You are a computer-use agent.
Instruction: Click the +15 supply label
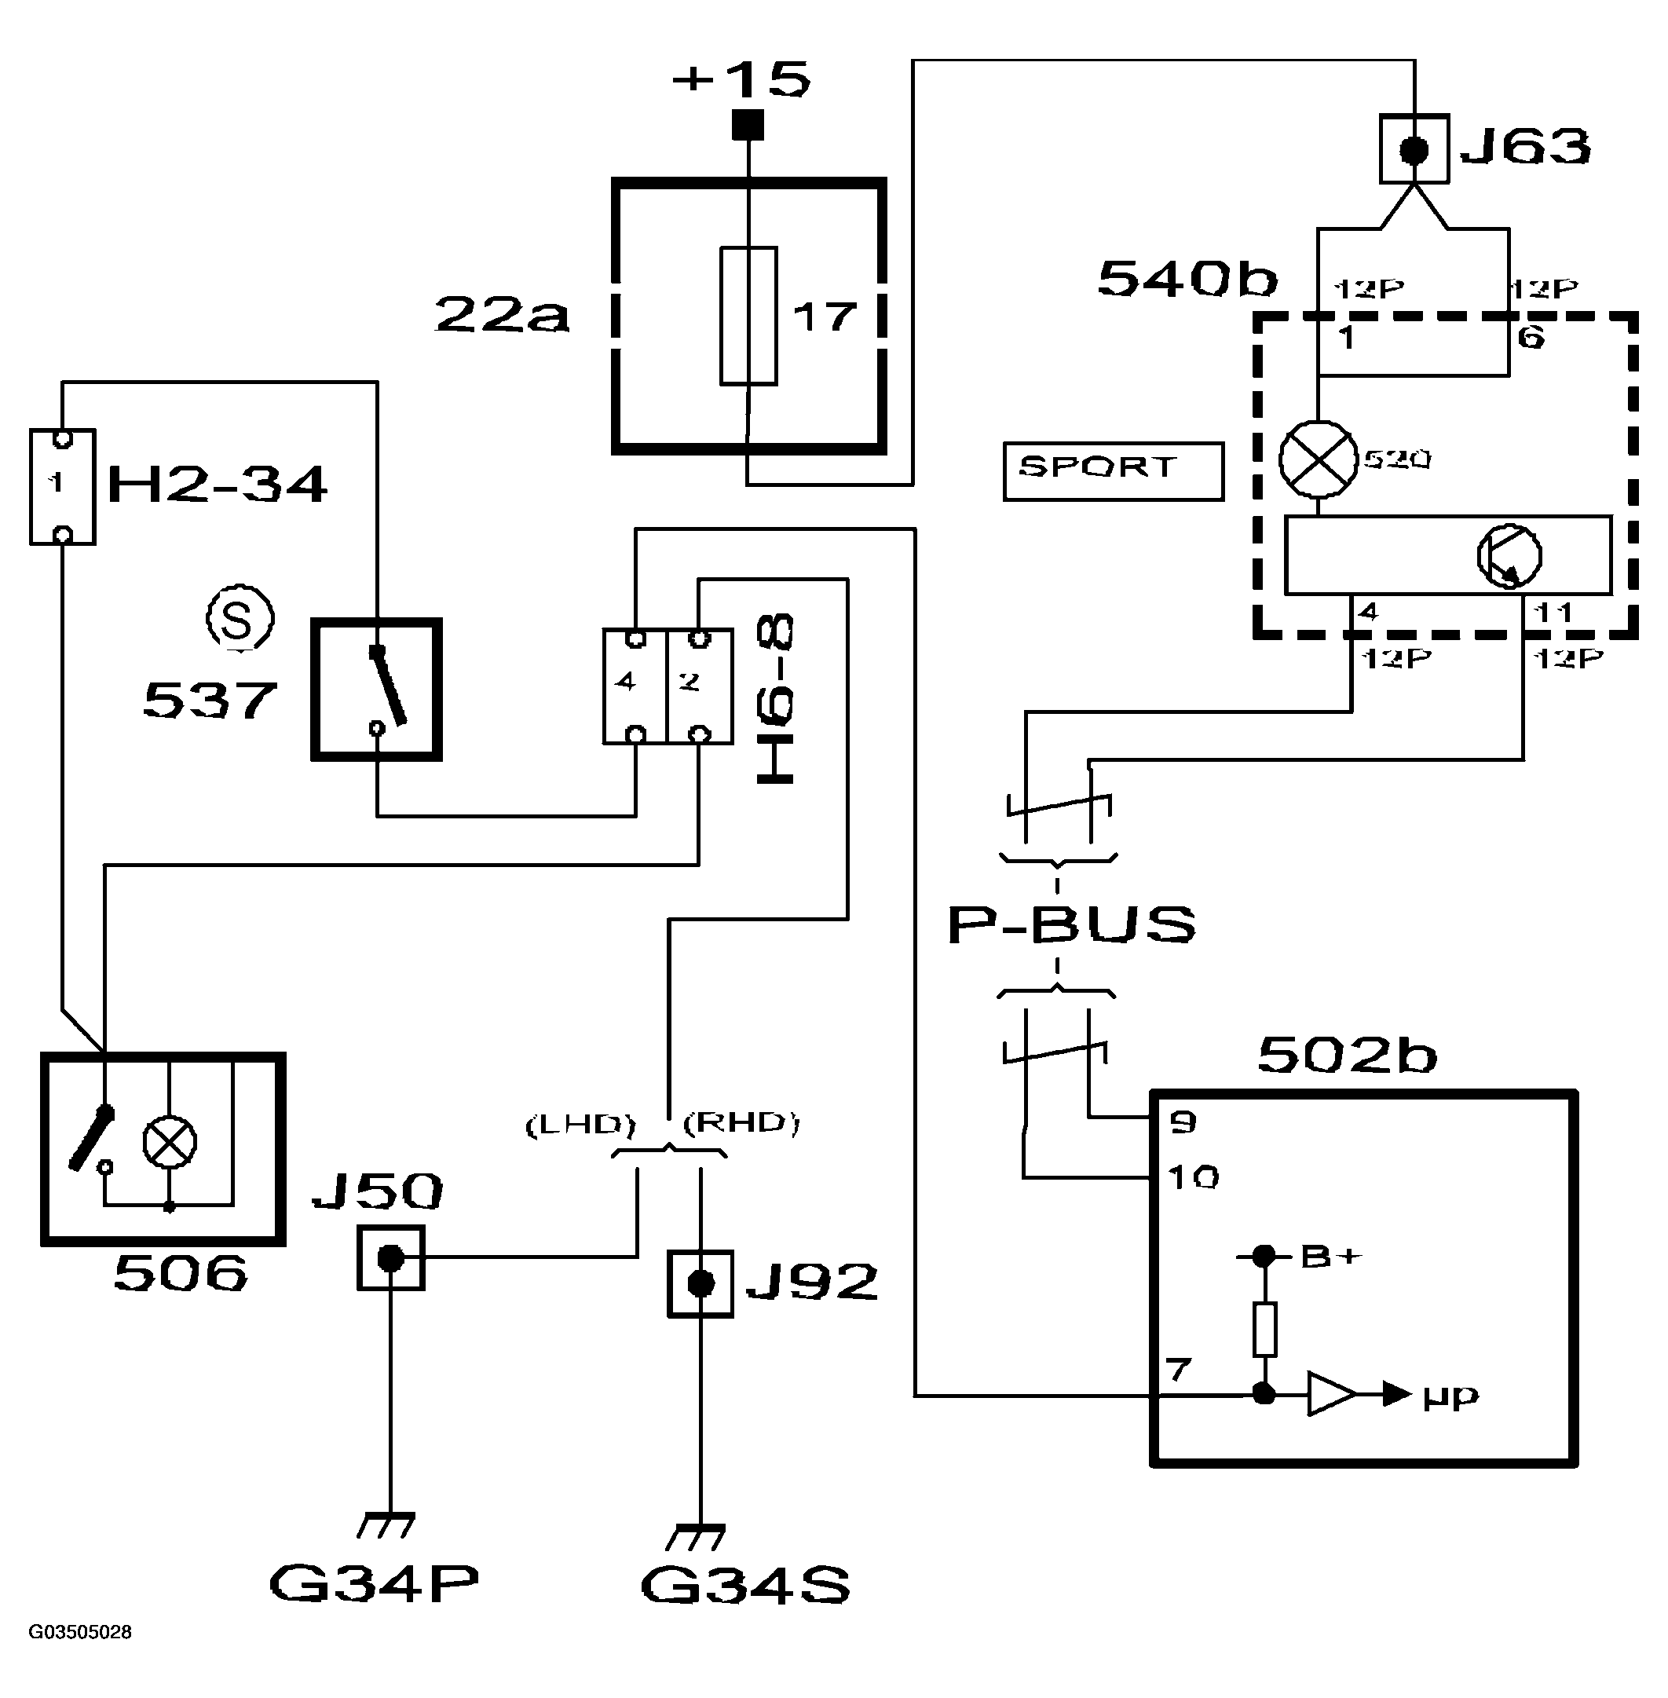[x=741, y=80]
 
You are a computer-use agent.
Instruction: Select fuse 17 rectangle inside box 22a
[x=748, y=316]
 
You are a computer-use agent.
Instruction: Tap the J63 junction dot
[x=1413, y=150]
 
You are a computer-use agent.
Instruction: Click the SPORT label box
[x=1113, y=470]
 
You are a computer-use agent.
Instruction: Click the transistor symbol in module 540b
[x=1509, y=555]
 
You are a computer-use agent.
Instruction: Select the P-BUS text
[x=1070, y=925]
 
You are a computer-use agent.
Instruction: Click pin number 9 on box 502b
[x=1182, y=1122]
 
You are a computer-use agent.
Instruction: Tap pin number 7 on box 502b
[x=1178, y=1369]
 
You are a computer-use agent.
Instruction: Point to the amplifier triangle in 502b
[x=1330, y=1393]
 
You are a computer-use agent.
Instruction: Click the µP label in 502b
[x=1450, y=1396]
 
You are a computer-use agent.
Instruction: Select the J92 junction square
[x=700, y=1284]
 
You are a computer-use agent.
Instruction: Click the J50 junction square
[x=391, y=1258]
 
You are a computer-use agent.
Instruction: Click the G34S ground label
[x=744, y=1585]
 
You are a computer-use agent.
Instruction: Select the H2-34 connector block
[x=62, y=487]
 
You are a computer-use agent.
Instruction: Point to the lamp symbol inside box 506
[x=170, y=1143]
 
